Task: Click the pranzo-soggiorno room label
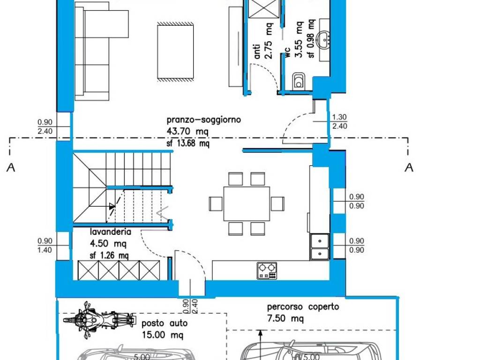tap(203, 120)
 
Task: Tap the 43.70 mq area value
tap(187, 131)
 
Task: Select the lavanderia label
tap(111, 232)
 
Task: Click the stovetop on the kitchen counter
tap(267, 270)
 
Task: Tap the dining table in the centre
tap(247, 203)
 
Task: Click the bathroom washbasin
tap(324, 40)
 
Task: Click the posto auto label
tap(165, 323)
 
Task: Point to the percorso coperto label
tap(303, 307)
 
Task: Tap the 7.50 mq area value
tap(285, 318)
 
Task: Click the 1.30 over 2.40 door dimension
tap(339, 121)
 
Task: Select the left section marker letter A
tap(11, 167)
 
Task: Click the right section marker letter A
tap(409, 167)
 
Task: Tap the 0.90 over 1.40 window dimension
tap(45, 246)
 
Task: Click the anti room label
tap(257, 52)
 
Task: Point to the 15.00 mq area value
tap(162, 335)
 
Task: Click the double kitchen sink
tap(320, 247)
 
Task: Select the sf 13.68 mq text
tap(188, 143)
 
